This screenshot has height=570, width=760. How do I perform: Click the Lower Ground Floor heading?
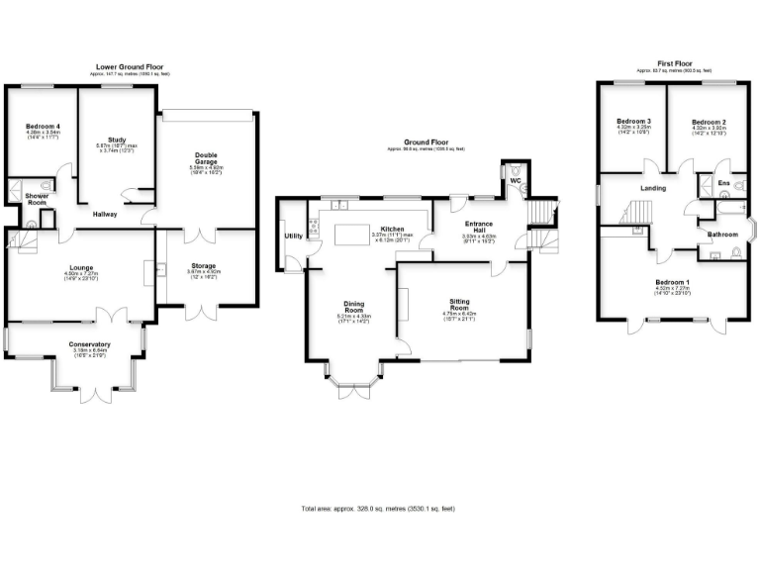pos(131,67)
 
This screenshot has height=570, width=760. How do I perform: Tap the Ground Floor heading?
pos(426,142)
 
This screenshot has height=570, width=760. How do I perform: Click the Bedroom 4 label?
pos(42,127)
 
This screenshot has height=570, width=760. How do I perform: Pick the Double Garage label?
pos(208,157)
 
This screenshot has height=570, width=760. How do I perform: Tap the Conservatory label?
pos(89,343)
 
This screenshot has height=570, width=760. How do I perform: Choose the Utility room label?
pos(293,236)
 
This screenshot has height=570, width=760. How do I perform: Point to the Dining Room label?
pos(354,307)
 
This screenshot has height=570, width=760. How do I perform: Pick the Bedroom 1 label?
pos(673,282)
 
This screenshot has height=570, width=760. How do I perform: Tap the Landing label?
pos(652,188)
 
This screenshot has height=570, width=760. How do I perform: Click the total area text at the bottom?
pos(379,509)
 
